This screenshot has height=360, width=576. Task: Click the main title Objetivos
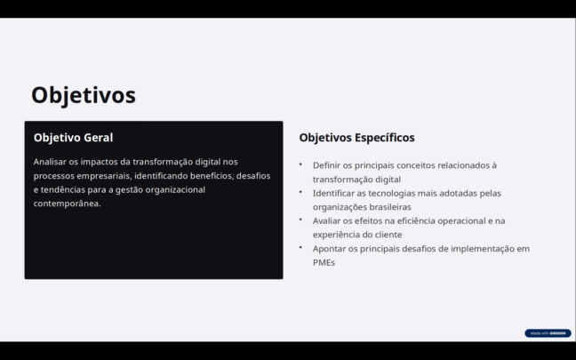pos(84,95)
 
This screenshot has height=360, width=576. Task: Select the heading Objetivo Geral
pos(73,138)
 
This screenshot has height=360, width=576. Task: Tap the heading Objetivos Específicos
pos(356,138)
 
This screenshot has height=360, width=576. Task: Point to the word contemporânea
pos(68,204)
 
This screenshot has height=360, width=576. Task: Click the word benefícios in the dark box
pos(212,176)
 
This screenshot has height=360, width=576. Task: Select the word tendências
pos(63,189)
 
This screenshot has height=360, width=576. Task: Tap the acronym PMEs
pos(324,262)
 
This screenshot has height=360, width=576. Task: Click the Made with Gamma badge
pos(548,333)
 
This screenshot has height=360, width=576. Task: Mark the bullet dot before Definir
pos(300,164)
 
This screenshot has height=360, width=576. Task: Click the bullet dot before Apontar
pos(300,247)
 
